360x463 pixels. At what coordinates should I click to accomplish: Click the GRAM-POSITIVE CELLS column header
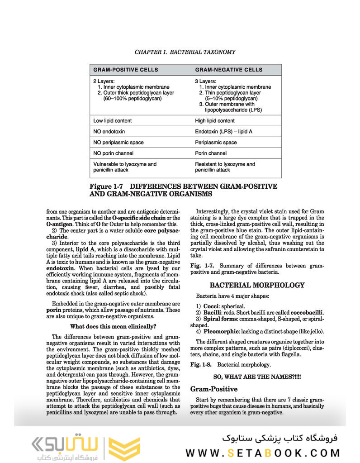[126, 70]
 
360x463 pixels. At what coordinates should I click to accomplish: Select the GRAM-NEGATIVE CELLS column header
[228, 70]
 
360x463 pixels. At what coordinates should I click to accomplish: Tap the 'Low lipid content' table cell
[113, 121]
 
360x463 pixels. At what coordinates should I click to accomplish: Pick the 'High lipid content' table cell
[215, 121]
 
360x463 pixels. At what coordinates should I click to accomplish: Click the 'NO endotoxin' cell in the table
[109, 132]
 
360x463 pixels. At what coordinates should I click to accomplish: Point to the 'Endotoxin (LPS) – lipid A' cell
[223, 132]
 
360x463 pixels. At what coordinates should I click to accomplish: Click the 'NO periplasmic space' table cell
[118, 143]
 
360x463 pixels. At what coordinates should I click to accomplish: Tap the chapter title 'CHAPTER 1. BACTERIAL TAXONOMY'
[185, 52]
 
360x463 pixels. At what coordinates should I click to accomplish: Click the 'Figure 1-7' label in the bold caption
[106, 186]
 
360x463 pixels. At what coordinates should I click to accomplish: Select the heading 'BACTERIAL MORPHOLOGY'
[257, 285]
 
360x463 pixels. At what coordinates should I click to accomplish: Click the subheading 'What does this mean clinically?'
[113, 326]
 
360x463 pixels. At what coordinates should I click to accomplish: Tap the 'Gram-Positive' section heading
[214, 389]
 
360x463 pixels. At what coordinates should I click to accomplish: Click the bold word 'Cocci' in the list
[211, 306]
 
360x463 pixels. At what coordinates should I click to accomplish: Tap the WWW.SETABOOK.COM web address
[263, 453]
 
